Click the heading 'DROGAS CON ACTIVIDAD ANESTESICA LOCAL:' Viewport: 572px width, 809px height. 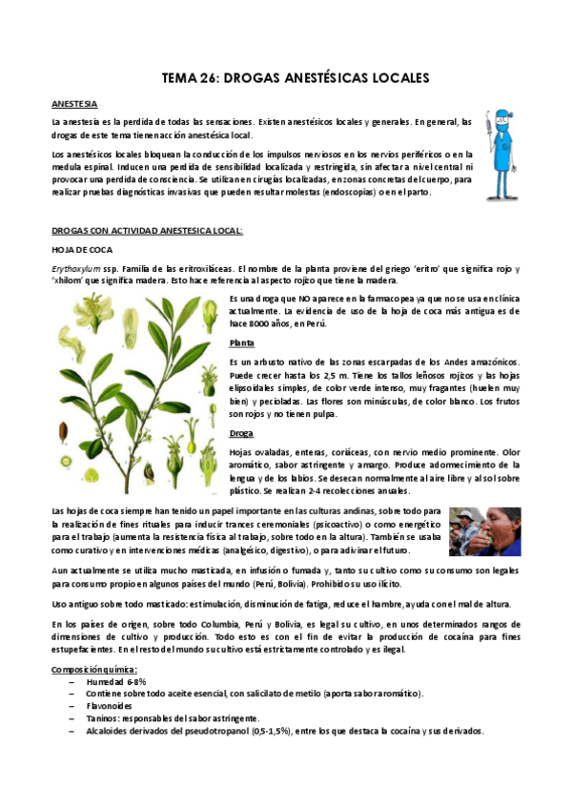(134, 230)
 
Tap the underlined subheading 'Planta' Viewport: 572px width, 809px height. (242, 342)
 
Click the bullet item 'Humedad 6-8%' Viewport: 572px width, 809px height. (116, 682)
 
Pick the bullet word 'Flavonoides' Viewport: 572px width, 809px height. (112, 706)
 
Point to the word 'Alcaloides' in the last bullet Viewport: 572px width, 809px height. (109, 731)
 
